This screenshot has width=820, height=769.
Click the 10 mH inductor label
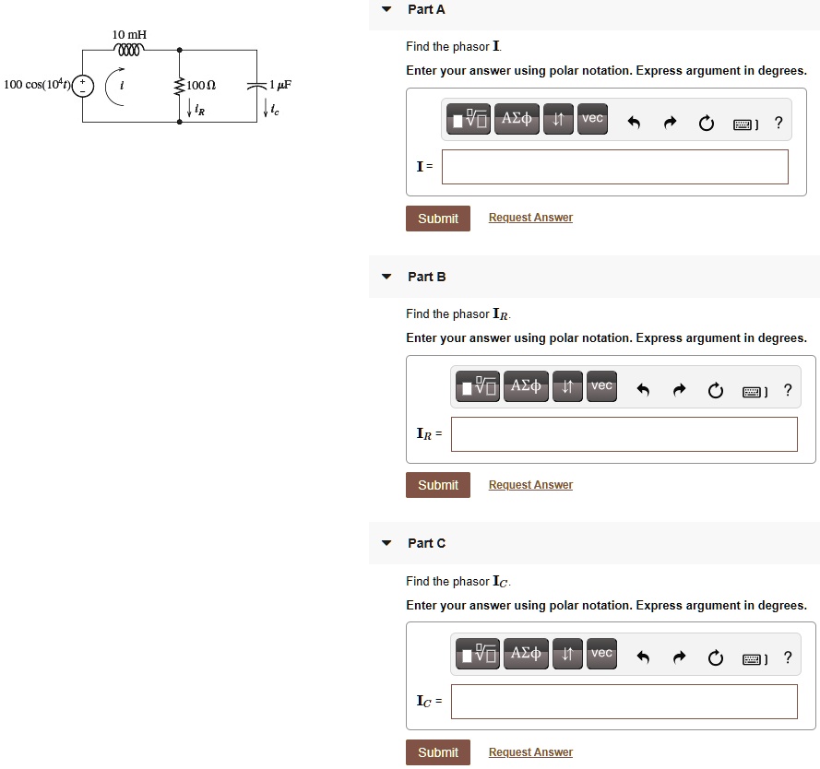(x=129, y=34)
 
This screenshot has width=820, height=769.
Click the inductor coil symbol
(x=129, y=50)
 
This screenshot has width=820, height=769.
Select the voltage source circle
(x=83, y=86)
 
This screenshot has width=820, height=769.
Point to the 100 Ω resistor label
(x=200, y=85)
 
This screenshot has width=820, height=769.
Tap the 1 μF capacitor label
(x=280, y=85)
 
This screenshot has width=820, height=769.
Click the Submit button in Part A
(x=437, y=219)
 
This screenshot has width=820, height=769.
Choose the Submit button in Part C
(x=437, y=752)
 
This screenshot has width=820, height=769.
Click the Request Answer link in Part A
(x=530, y=218)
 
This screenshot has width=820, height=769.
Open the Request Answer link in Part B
(x=530, y=485)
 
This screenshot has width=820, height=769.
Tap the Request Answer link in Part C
(x=530, y=752)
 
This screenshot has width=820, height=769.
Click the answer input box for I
(x=614, y=167)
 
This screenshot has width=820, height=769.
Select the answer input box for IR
(x=624, y=434)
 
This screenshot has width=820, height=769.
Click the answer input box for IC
(x=624, y=702)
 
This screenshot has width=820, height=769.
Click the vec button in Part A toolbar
(x=592, y=118)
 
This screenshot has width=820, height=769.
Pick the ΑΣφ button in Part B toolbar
(x=526, y=385)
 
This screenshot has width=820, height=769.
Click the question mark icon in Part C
(x=787, y=657)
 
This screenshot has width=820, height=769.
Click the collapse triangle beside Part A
(x=386, y=9)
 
